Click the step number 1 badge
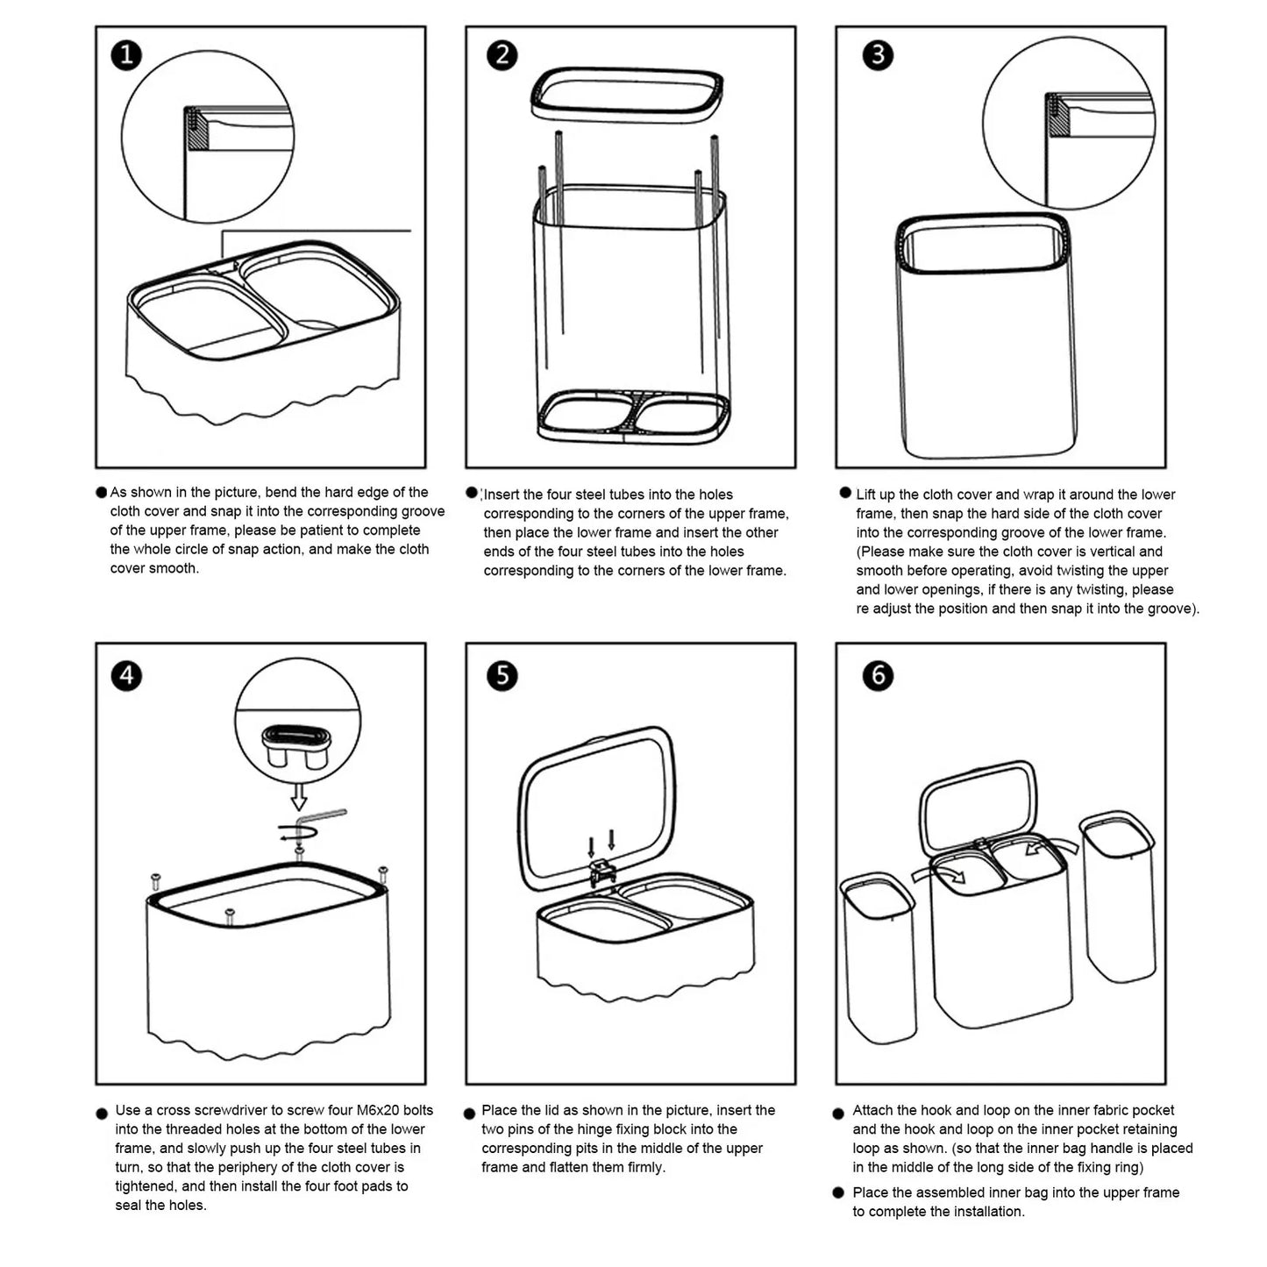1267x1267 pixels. click(126, 55)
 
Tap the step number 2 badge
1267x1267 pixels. click(502, 55)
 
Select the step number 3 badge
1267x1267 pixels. click(878, 55)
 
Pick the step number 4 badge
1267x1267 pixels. click(126, 676)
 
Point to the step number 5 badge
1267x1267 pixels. click(502, 676)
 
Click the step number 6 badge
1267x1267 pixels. click(878, 676)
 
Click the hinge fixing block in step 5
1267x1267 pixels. click(602, 871)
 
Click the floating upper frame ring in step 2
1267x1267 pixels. click(627, 92)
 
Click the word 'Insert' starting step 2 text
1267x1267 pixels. click(502, 495)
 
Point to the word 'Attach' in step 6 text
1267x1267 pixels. click(873, 1110)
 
